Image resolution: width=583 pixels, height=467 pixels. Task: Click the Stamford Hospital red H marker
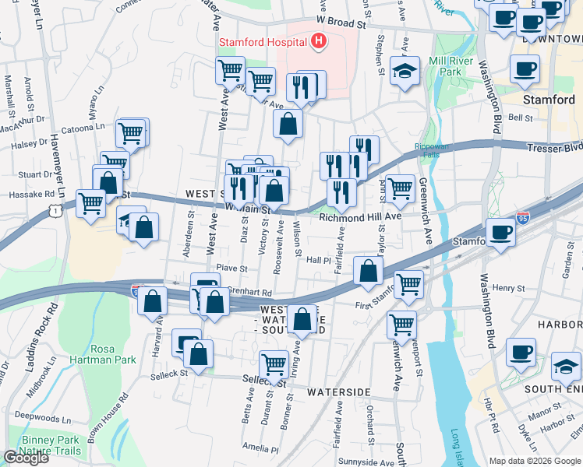[318, 41]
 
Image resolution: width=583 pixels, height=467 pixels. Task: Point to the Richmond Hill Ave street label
[360, 218]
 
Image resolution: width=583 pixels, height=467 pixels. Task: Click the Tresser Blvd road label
[554, 146]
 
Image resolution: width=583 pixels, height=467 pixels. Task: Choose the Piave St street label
[231, 269]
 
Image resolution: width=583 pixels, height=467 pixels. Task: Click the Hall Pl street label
[320, 261]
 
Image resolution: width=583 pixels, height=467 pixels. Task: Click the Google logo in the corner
[26, 458]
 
